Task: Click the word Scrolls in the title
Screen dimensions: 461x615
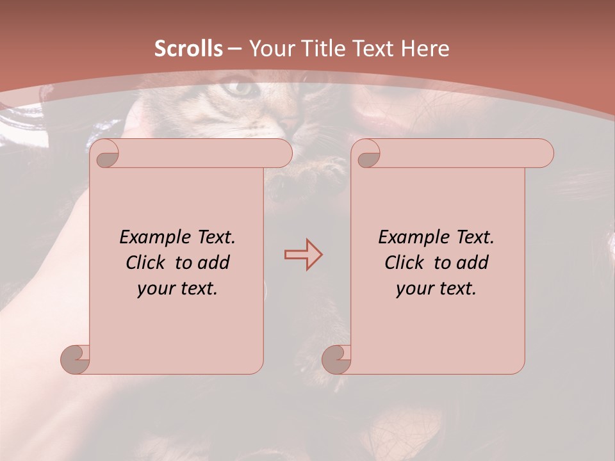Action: coord(189,49)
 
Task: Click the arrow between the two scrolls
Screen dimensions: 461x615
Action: coord(303,255)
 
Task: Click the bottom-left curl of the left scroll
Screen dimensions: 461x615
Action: coord(75,360)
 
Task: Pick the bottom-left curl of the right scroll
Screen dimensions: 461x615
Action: coord(336,360)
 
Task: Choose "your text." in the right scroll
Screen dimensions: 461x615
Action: coord(436,288)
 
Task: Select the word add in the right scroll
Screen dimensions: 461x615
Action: coord(475,263)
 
